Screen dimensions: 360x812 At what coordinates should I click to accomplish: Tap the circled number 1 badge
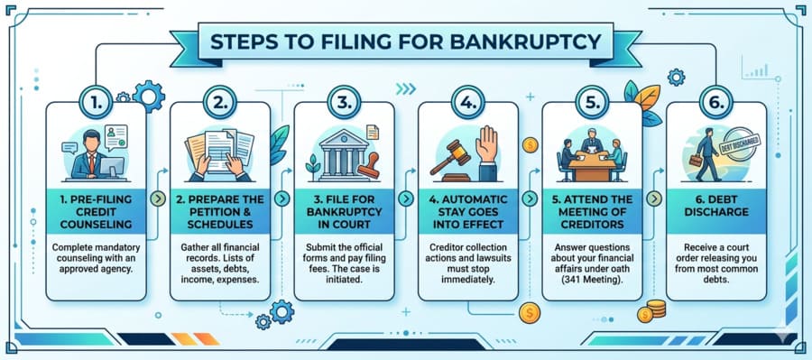pyautogui.click(x=95, y=103)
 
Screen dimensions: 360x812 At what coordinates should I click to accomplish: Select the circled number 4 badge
pyautogui.click(x=467, y=103)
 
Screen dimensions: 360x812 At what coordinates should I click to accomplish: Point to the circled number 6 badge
pyautogui.click(x=715, y=103)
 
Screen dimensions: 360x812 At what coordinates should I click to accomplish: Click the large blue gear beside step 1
pyautogui.click(x=149, y=94)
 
